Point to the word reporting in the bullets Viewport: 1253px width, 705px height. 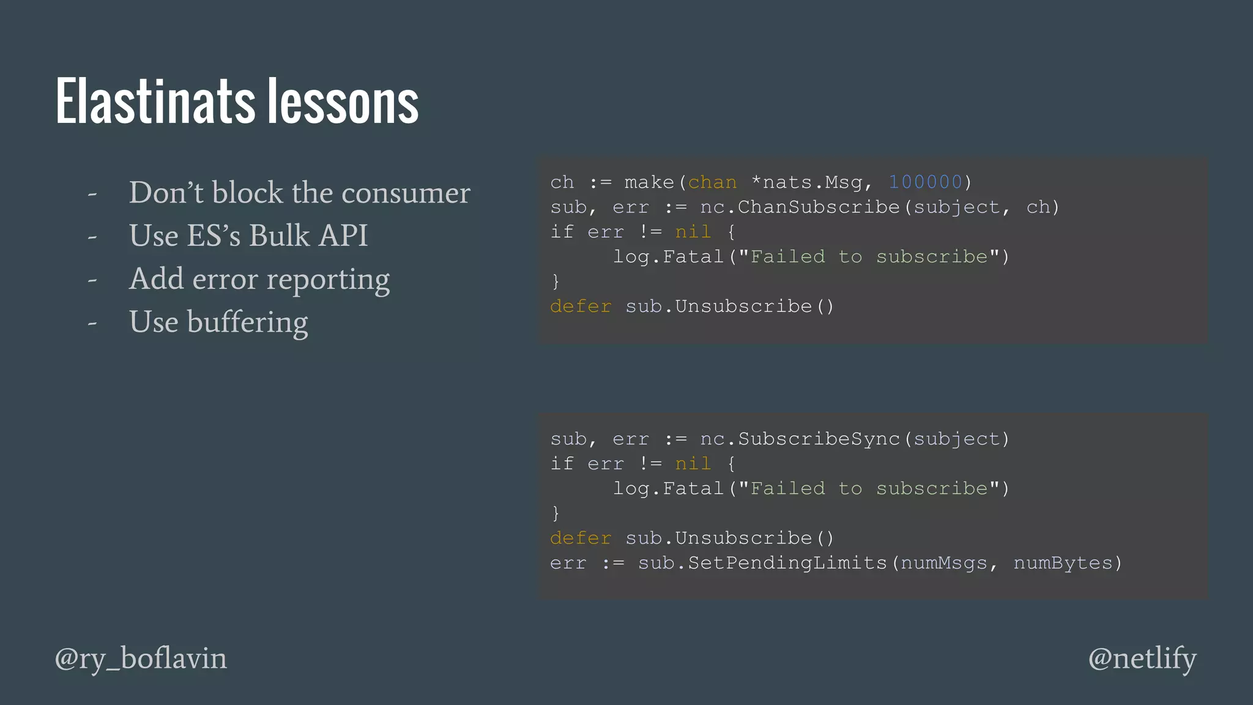[x=328, y=280]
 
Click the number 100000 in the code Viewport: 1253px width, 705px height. [x=926, y=182]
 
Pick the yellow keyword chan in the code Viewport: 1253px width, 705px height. [x=712, y=182]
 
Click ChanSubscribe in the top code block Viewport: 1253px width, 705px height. [x=819, y=207]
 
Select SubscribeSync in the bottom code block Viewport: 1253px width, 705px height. [x=819, y=439]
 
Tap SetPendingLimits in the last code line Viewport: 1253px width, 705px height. [x=787, y=563]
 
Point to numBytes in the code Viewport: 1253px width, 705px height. [x=1063, y=563]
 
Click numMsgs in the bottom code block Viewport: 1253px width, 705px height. [x=944, y=563]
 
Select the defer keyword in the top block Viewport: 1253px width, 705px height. [x=581, y=307]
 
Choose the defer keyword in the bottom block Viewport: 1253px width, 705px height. [x=581, y=539]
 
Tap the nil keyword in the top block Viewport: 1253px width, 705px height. [x=693, y=233]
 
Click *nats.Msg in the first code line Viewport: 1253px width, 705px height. [x=806, y=182]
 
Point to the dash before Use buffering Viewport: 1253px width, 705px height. [x=92, y=323]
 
